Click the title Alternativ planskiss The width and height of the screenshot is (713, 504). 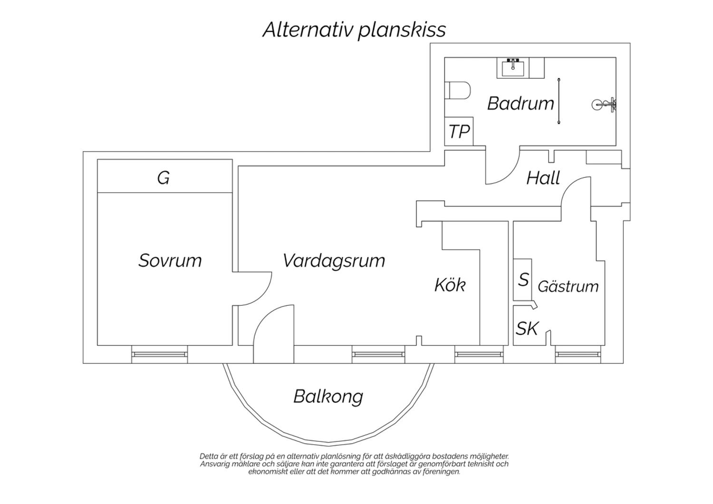(354, 30)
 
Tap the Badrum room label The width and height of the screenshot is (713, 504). (520, 104)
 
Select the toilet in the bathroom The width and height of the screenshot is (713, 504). (457, 90)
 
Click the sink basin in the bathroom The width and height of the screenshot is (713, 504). (513, 68)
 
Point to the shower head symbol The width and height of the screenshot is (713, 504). (604, 105)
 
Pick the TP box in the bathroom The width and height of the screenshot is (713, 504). (459, 131)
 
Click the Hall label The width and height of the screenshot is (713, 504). (543, 178)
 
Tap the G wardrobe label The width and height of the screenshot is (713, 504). (164, 178)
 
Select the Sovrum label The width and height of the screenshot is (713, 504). (170, 261)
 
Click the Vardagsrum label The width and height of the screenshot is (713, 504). (334, 261)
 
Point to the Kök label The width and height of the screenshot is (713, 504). (450, 284)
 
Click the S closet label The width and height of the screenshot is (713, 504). (523, 280)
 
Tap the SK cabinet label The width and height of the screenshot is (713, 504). (527, 328)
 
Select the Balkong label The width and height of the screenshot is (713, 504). (328, 397)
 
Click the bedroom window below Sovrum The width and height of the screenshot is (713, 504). (159, 354)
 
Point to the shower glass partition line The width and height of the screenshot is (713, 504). (559, 101)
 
